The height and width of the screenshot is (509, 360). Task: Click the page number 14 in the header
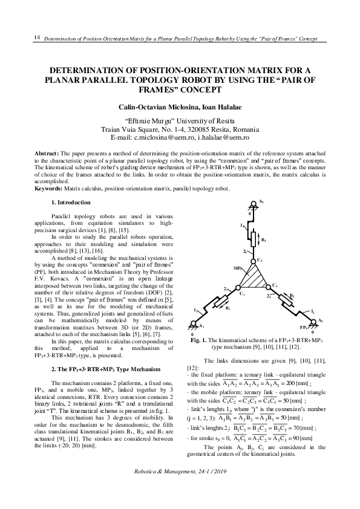tap(36, 37)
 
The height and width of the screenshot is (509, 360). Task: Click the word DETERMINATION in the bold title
tap(88, 70)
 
